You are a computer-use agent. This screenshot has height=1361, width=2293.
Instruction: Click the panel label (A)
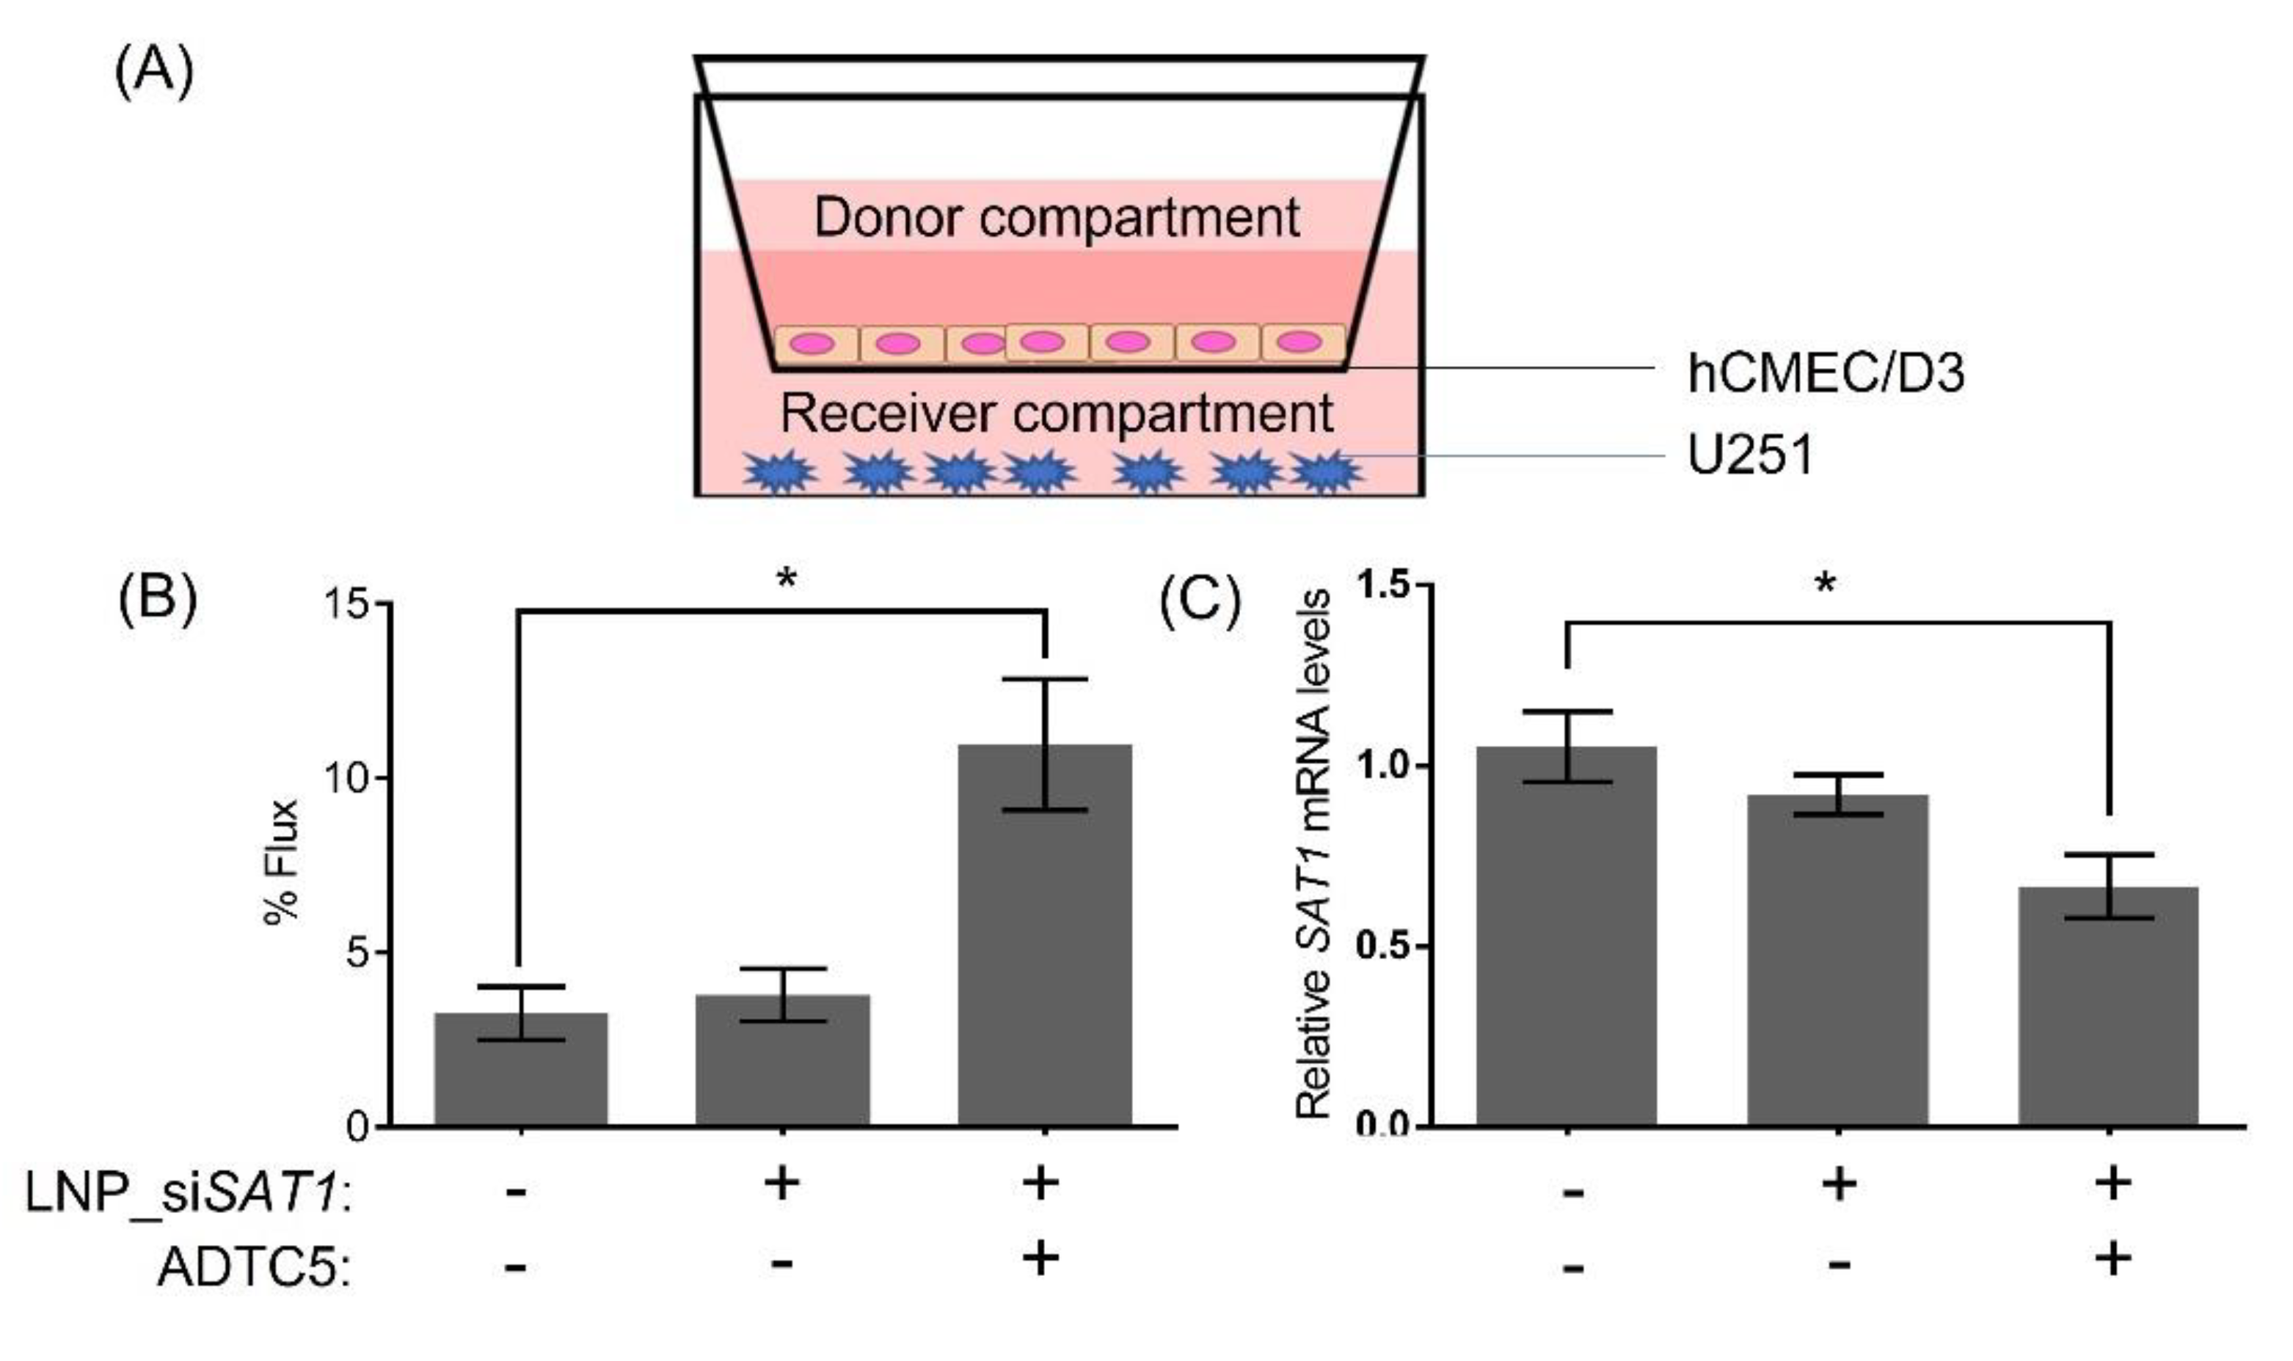[x=153, y=73]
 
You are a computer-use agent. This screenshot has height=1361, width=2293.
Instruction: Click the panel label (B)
[x=157, y=600]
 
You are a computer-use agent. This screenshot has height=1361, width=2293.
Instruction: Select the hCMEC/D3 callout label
[x=1826, y=373]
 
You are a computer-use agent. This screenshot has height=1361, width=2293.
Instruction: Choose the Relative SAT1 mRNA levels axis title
[x=1313, y=854]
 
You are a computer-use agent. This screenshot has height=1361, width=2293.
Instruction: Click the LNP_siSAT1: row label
[x=188, y=1196]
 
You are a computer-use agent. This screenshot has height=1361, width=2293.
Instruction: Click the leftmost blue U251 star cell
[x=779, y=472]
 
